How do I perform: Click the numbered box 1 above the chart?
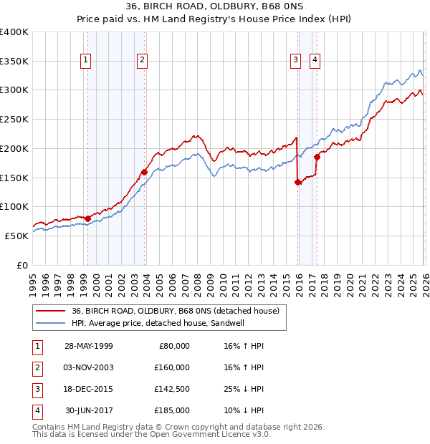85,61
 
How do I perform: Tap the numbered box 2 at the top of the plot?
143,61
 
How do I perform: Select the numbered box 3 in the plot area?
295,61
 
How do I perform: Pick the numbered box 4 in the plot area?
315,61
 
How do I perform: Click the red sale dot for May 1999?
87,218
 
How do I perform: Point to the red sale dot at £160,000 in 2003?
144,172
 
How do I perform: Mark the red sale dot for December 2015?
297,182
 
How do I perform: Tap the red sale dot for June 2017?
317,158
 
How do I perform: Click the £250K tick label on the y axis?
14,120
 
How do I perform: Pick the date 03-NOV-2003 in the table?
89,367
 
